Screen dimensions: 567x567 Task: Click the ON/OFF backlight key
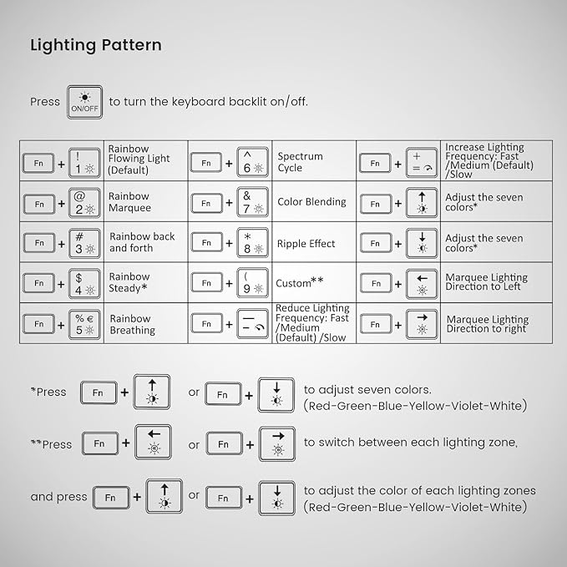click(84, 102)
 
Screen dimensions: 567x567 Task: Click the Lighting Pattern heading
click(96, 45)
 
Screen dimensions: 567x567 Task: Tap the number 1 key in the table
click(84, 163)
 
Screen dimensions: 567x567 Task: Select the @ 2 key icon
click(84, 203)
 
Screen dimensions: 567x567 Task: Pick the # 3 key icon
click(84, 243)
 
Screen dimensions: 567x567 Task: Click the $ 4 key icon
click(84, 284)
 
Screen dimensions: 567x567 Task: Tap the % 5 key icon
click(84, 324)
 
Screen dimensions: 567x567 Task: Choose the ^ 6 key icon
click(252, 162)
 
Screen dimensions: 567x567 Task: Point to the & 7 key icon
click(252, 202)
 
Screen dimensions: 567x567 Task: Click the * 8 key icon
click(252, 243)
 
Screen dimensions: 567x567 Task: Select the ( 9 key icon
click(252, 283)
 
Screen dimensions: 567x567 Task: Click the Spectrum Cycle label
click(300, 162)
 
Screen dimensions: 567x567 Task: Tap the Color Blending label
click(311, 202)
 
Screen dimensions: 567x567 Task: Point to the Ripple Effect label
click(306, 243)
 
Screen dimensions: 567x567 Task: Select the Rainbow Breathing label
click(132, 324)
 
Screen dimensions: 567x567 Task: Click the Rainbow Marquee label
click(129, 202)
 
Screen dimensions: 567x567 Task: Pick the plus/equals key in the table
click(422, 163)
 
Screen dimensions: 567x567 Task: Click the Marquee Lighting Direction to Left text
click(486, 282)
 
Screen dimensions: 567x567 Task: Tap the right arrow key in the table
click(422, 324)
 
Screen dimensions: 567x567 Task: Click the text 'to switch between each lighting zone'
click(411, 443)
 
